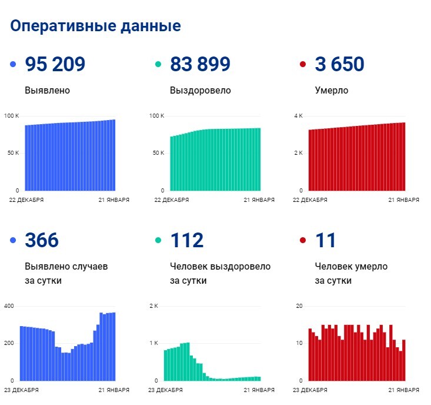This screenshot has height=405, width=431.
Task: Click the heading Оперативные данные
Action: pos(95,26)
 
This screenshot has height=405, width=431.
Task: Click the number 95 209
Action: pos(55,65)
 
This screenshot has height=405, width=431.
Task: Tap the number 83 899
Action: pos(200,65)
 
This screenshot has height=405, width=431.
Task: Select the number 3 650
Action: pos(339,65)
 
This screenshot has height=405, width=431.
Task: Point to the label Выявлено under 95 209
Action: pos(48,91)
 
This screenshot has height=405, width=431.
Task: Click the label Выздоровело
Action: pos(200,91)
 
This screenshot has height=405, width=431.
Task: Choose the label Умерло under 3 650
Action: pos(332,91)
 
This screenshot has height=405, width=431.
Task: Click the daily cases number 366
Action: pos(42,240)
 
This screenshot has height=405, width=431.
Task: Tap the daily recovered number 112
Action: pos(186,240)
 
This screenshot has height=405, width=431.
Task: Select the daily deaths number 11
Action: pos(325,240)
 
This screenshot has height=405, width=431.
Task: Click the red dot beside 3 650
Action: pos(303,65)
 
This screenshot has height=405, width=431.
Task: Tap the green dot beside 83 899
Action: pos(158,65)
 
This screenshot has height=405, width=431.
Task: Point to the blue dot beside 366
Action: pos(14,240)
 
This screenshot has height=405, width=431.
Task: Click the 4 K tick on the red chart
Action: pos(298,115)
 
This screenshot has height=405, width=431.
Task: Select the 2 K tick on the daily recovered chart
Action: pos(153,306)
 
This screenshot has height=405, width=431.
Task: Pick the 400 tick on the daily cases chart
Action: pos(9,306)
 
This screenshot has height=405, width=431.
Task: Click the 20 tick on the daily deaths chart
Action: pos(299,306)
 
